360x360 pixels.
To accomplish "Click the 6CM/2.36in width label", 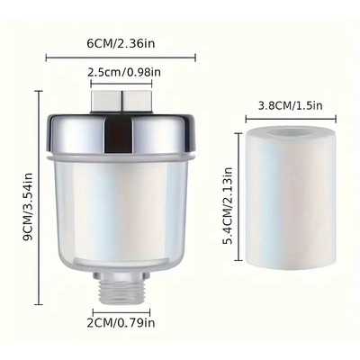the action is tap(121, 43).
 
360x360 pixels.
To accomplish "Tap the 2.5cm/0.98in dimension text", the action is tap(124, 72).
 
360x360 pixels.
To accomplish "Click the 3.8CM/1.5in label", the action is tap(290, 105).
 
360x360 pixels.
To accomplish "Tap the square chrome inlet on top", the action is tap(121, 102).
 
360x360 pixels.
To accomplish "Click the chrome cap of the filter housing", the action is tap(121, 133).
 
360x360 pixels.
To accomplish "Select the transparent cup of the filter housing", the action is tap(121, 212).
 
